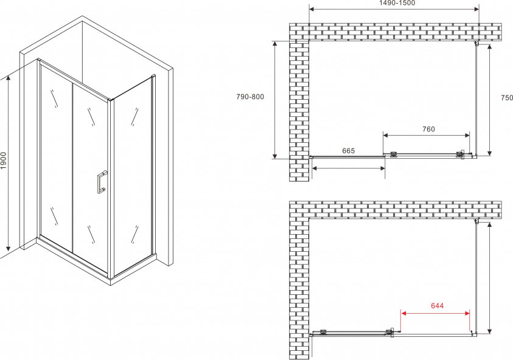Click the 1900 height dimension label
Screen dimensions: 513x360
tap(3, 161)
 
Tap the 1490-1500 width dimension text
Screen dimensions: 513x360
tap(397, 3)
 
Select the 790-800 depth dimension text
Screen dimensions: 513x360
tap(250, 97)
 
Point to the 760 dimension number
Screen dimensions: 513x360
tap(428, 129)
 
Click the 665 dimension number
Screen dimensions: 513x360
tap(349, 151)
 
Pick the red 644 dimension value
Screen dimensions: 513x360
tap(437, 305)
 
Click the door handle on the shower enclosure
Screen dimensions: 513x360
tap(101, 182)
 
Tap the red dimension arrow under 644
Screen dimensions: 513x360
tap(436, 313)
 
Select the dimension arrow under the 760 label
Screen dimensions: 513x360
tap(427, 135)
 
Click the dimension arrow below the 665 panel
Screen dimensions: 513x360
tap(349, 168)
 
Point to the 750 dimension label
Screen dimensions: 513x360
tap(507, 97)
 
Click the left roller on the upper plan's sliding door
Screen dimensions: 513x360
tap(394, 154)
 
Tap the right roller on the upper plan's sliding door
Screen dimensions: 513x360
tap(460, 154)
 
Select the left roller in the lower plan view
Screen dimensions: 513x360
tap(324, 332)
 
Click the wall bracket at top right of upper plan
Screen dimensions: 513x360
tap(476, 43)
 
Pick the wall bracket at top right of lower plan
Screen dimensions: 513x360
tap(476, 221)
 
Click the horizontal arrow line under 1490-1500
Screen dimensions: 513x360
tap(394, 9)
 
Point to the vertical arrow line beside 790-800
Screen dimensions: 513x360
tap(276, 100)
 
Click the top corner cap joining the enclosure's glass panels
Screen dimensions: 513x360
tap(110, 99)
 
